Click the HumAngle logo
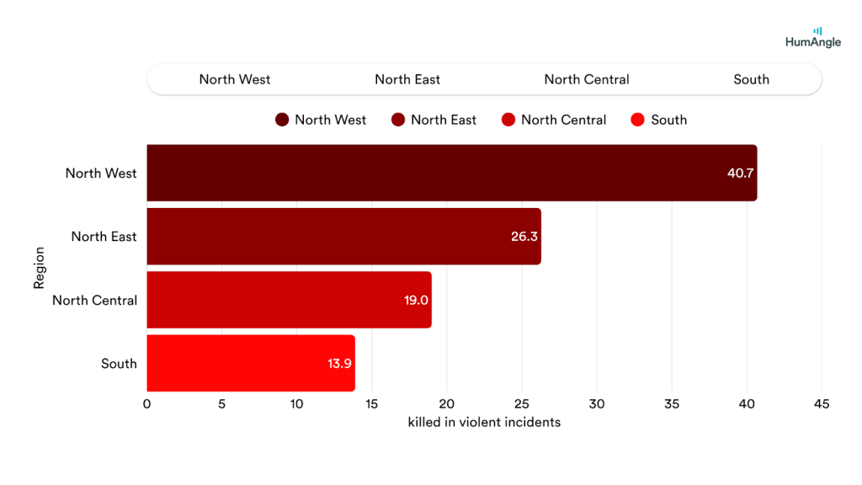tap(812, 37)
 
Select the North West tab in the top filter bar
tap(235, 79)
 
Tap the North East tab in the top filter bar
tap(407, 79)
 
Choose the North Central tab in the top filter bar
tap(587, 79)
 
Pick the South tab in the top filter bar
tap(751, 79)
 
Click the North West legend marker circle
tap(282, 120)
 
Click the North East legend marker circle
tap(398, 120)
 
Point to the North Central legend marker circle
tap(508, 120)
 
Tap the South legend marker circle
tap(637, 120)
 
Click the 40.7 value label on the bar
tap(740, 173)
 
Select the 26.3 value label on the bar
tap(524, 237)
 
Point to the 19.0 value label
tap(417, 300)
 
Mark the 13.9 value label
tap(340, 364)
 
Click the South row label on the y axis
tap(119, 364)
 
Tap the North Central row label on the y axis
tap(94, 300)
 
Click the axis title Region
tap(39, 268)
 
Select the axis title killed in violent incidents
tap(484, 422)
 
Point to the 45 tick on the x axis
tap(822, 404)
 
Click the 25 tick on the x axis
tap(522, 404)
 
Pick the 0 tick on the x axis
tap(147, 404)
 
